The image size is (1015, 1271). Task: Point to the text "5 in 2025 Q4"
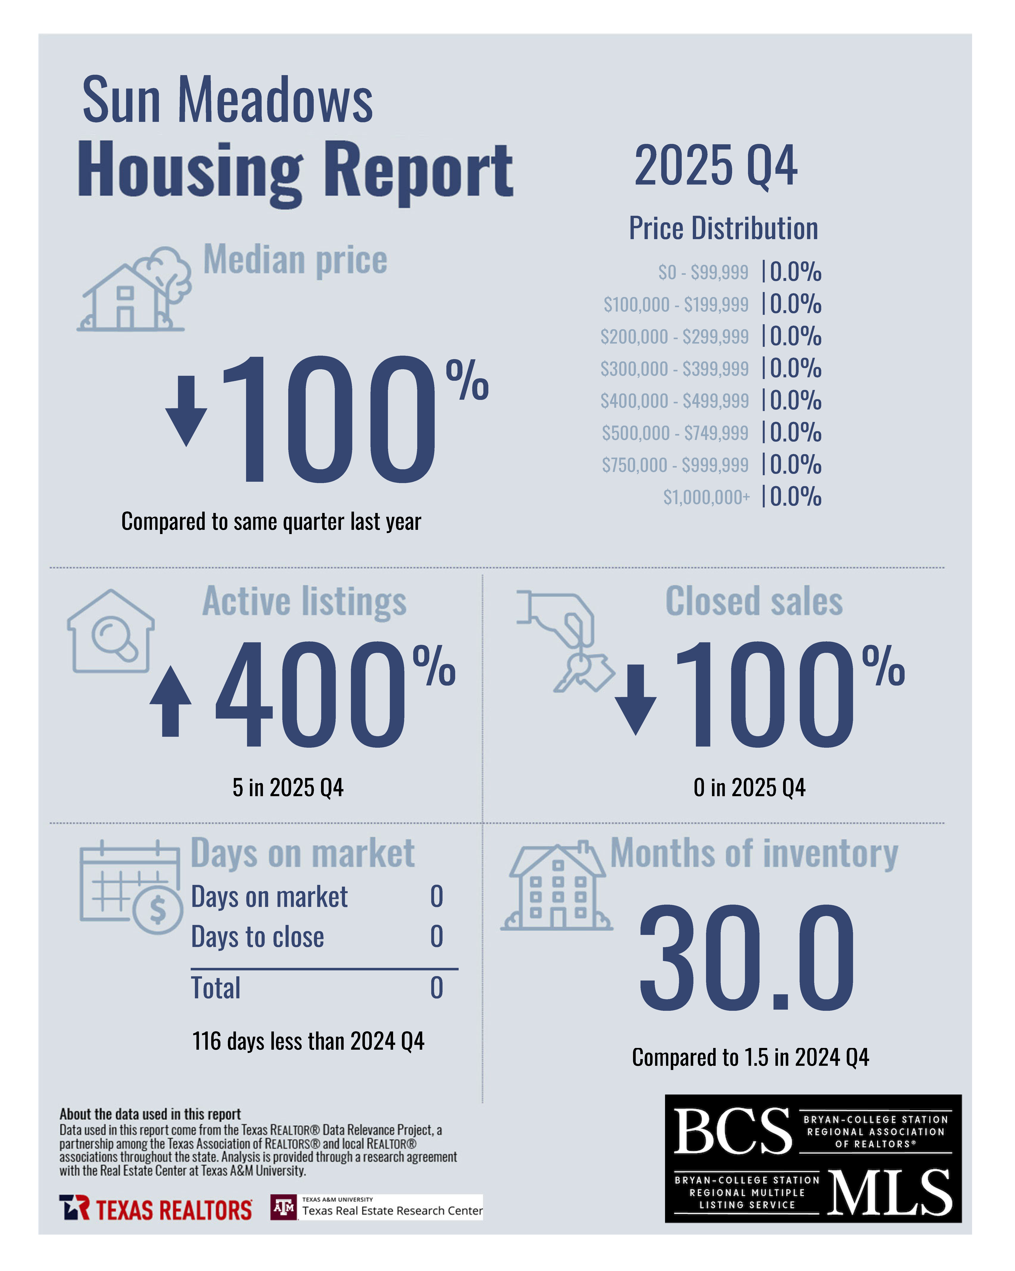point(288,788)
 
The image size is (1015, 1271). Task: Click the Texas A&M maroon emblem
point(284,1207)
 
